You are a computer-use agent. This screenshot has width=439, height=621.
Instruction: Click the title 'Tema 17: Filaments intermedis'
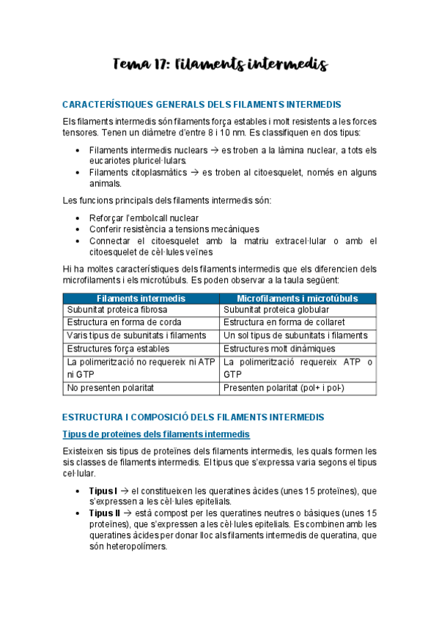pyautogui.click(x=219, y=65)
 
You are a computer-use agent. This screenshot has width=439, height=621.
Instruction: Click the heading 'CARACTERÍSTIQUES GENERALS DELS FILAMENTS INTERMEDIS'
pyautogui.click(x=202, y=105)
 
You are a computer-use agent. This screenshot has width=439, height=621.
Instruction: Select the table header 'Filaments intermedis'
pyautogui.click(x=141, y=299)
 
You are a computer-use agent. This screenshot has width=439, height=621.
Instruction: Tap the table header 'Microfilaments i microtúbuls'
pyautogui.click(x=298, y=299)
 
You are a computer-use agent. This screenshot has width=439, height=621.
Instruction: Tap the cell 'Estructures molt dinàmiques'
pyautogui.click(x=278, y=349)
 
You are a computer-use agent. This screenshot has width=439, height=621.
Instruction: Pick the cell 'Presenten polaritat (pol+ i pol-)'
pyautogui.click(x=284, y=388)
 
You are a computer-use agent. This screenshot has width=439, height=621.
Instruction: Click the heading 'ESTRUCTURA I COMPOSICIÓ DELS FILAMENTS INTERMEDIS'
pyautogui.click(x=193, y=417)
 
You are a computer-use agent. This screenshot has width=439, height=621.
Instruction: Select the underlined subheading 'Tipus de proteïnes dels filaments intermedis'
pyautogui.click(x=156, y=435)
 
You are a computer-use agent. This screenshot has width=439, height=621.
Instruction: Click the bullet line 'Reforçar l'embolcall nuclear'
pyautogui.click(x=144, y=218)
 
